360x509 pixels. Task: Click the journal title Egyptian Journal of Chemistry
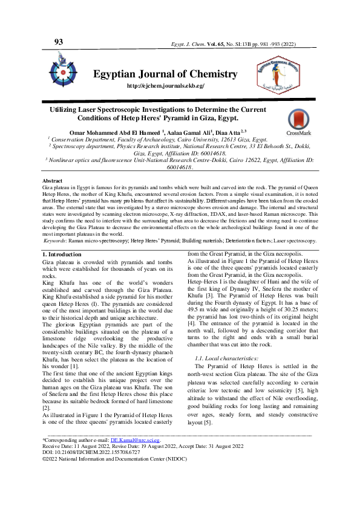[165, 74]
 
